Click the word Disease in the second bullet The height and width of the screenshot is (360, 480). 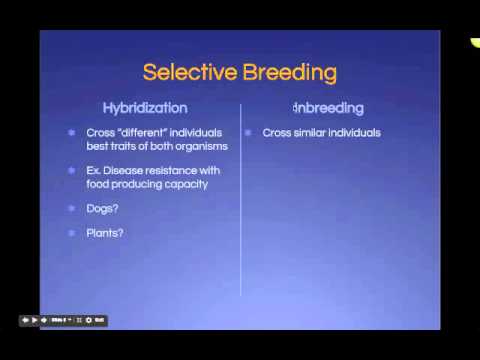pyautogui.click(x=144, y=170)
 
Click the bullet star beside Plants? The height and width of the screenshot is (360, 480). pyautogui.click(x=71, y=233)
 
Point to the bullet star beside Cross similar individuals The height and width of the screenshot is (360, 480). pyautogui.click(x=249, y=132)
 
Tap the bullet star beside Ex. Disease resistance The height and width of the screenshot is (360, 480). pyautogui.click(x=71, y=170)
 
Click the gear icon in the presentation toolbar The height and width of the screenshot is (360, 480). pyautogui.click(x=88, y=320)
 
